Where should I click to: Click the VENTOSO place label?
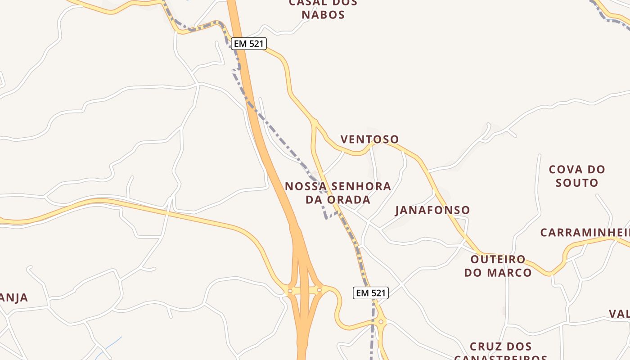pyautogui.click(x=369, y=139)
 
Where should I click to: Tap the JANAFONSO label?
pyautogui.click(x=432, y=210)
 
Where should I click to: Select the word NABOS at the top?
pyautogui.click(x=323, y=14)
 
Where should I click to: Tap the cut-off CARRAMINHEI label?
pyautogui.click(x=584, y=233)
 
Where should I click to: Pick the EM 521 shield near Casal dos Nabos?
pyautogui.click(x=249, y=44)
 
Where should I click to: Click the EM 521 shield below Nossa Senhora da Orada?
pyautogui.click(x=370, y=293)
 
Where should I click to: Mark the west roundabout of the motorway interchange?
pyautogui.click(x=290, y=291)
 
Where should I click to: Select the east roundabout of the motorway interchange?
pyautogui.click(x=319, y=290)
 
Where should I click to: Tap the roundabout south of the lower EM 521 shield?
pyautogui.click(x=381, y=322)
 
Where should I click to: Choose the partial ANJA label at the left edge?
pyautogui.click(x=14, y=297)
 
